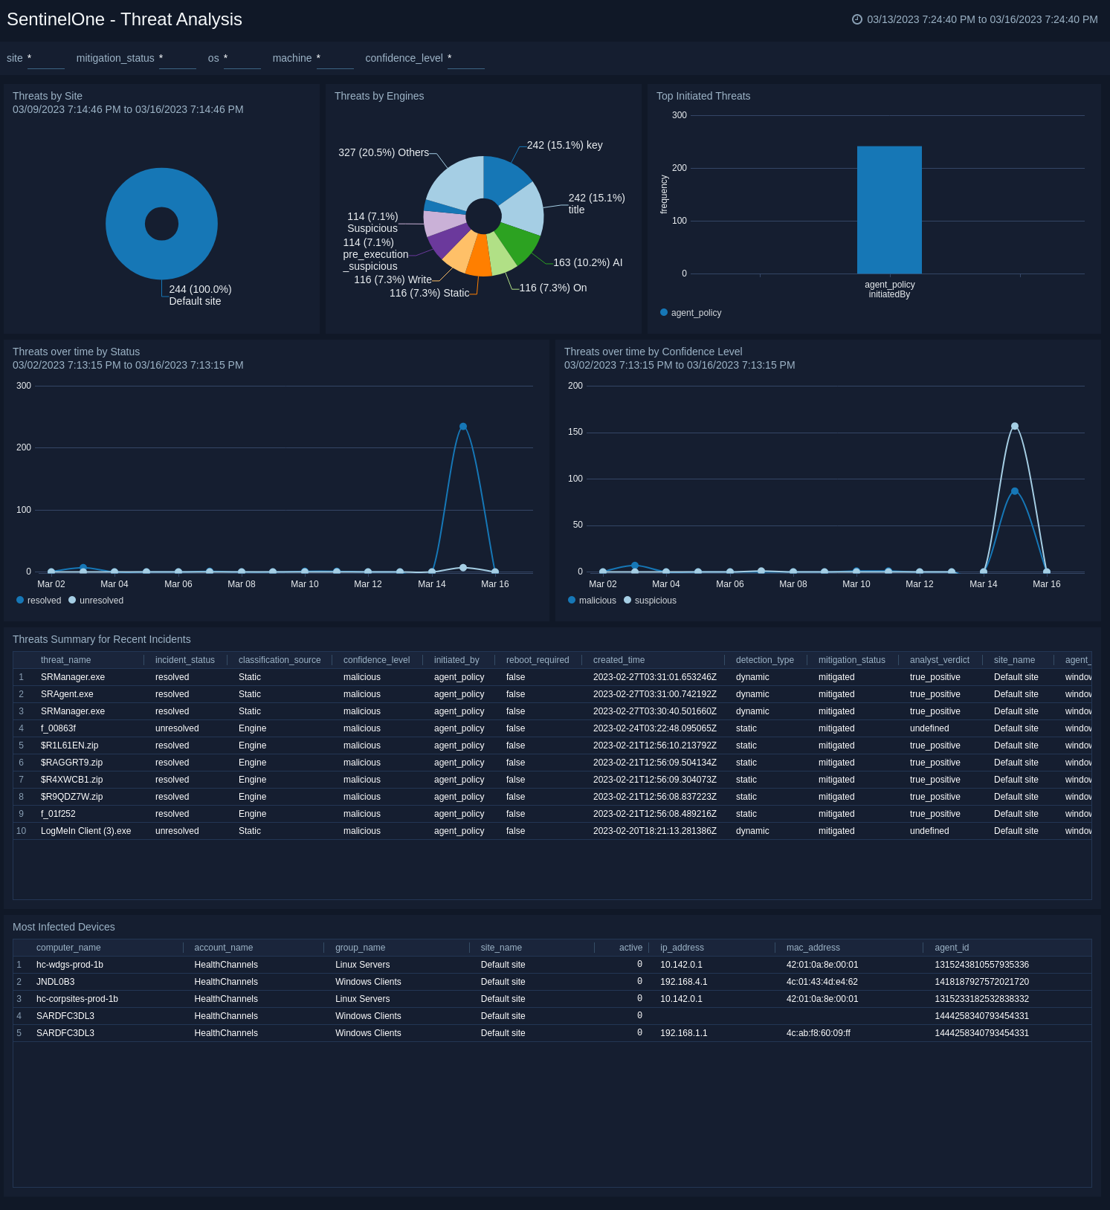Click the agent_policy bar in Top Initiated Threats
pos(889,210)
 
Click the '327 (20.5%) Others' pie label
pos(384,152)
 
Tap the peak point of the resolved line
pos(463,427)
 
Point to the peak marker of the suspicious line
pos(1015,427)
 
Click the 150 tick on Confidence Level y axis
pos(575,432)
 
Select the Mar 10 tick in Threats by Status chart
pos(304,584)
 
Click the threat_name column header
pos(65,660)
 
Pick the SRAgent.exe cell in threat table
pos(67,694)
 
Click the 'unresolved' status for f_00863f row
pos(177,728)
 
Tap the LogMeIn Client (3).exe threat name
pos(85,831)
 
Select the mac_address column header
pos(813,948)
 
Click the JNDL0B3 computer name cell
pos(55,982)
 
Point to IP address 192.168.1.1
pos(683,1033)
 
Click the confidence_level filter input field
pos(466,59)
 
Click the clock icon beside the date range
pos(856,19)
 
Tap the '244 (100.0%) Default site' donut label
pos(200,295)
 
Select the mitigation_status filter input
pos(178,59)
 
